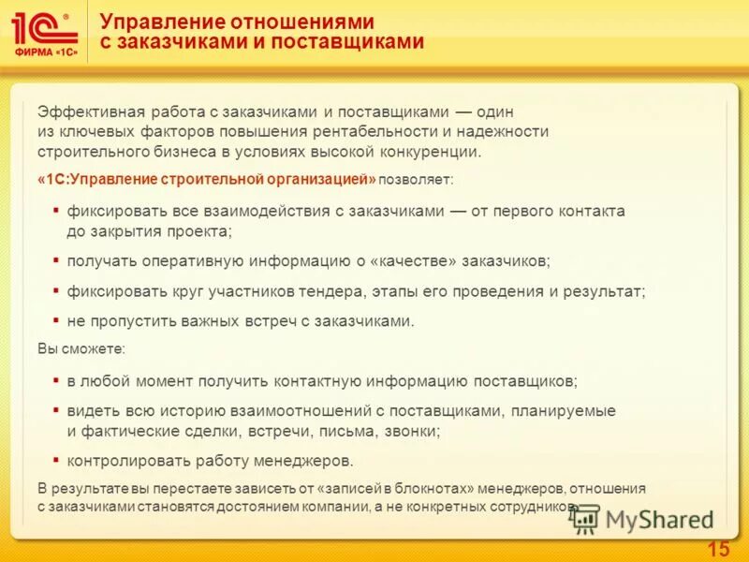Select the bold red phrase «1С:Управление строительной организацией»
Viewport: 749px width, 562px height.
point(208,178)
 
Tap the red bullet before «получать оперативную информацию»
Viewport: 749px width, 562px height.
point(56,259)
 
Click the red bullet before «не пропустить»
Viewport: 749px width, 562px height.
point(56,320)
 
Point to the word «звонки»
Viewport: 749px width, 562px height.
point(411,432)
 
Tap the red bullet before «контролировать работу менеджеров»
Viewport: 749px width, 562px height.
point(56,460)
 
